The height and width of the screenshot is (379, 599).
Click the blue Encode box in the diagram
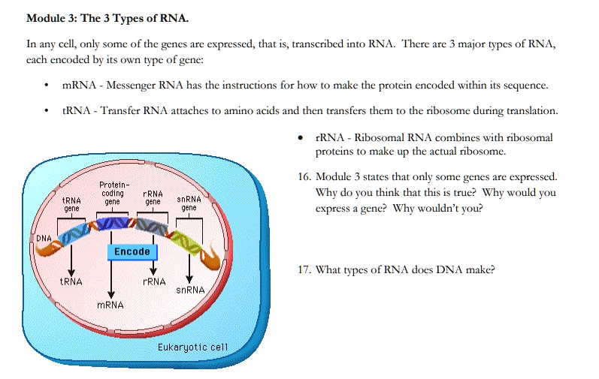132,251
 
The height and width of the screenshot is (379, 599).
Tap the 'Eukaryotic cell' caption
192,347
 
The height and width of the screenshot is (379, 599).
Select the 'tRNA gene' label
71,203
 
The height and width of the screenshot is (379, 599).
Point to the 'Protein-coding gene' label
113,193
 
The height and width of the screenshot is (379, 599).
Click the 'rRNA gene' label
153,197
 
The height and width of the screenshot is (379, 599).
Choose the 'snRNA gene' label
189,203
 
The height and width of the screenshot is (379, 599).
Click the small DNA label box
44,238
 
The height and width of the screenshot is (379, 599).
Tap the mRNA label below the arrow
110,305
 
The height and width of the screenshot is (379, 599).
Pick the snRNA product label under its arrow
190,290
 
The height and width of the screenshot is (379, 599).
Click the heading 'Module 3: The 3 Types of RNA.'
107,18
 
